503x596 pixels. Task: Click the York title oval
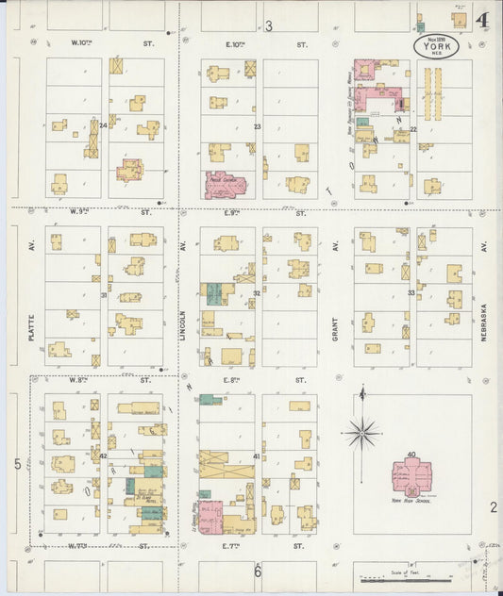(437, 47)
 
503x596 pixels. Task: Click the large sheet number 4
(482, 20)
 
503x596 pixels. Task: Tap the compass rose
(361, 433)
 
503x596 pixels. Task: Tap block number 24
(103, 124)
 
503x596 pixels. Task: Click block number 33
(411, 293)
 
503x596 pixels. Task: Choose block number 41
(256, 456)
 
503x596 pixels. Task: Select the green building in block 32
(215, 293)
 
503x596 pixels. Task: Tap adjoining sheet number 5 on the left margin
(17, 464)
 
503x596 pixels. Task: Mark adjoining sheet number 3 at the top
(268, 25)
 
